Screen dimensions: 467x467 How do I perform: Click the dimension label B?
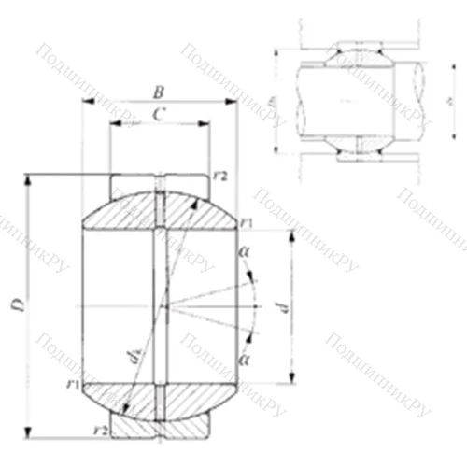tap(159, 92)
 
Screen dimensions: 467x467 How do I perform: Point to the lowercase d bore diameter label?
tap(287, 305)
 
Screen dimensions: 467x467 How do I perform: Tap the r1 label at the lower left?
tap(71, 384)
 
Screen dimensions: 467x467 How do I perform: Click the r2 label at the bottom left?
tap(100, 429)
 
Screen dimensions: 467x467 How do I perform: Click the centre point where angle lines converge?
tap(160, 306)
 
